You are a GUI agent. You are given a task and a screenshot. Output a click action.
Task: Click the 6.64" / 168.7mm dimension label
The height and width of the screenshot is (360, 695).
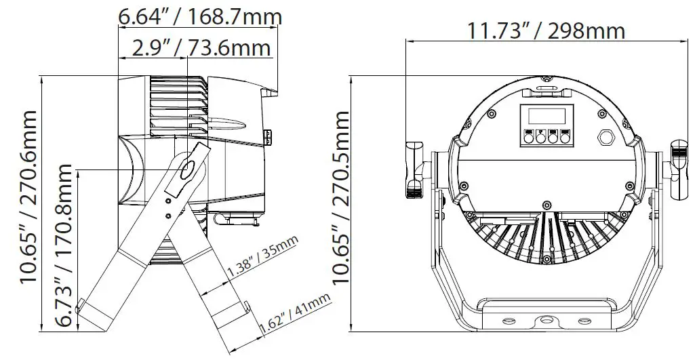pyautogui.click(x=200, y=17)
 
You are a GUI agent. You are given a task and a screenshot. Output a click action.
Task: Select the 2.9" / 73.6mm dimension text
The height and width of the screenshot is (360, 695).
pyautogui.click(x=201, y=47)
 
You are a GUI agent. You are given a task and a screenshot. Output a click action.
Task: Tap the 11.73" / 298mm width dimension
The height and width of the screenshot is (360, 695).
pyautogui.click(x=546, y=31)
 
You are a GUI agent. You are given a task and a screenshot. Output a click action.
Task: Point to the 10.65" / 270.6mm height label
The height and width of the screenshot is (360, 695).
pyautogui.click(x=28, y=197)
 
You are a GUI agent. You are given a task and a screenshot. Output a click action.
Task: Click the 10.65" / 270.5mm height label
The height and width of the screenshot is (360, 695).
pyautogui.click(x=341, y=197)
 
